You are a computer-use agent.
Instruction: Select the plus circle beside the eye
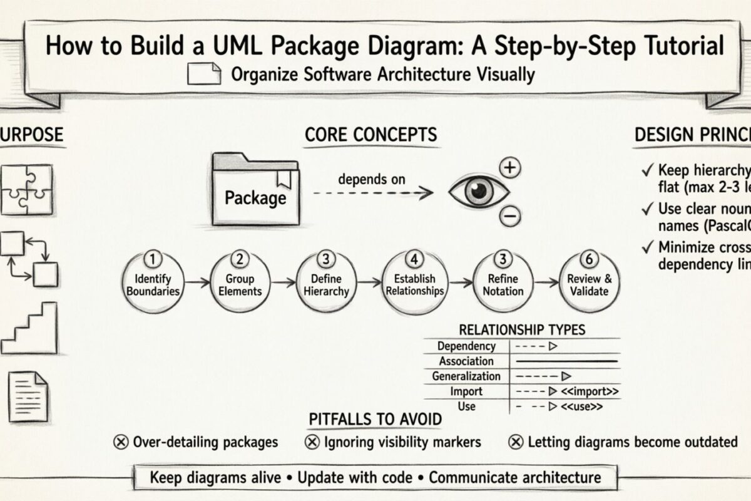click(x=511, y=167)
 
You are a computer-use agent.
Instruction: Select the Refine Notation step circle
click(x=503, y=284)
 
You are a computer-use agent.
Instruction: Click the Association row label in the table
click(x=466, y=361)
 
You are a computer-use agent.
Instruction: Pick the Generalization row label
click(x=466, y=376)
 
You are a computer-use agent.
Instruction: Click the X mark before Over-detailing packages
click(x=121, y=442)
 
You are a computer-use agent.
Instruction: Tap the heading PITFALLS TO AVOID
click(x=375, y=419)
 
